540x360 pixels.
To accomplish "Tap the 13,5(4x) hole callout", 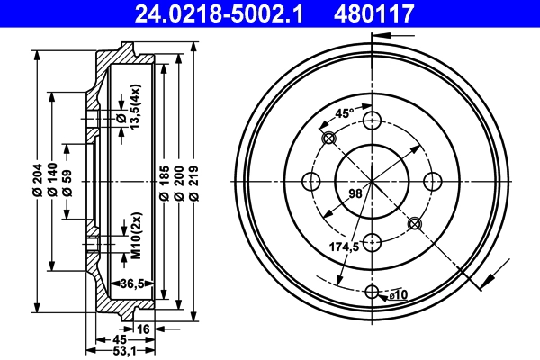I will coord(135,108).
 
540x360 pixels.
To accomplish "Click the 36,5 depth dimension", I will coord(133,283).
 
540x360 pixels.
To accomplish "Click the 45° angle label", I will coord(343,114).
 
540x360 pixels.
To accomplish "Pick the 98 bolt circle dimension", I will coord(355,192).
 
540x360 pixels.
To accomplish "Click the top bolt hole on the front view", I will coord(372,121).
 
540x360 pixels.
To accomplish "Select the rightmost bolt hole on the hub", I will coord(431,181).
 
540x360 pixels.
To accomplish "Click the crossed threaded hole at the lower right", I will coord(414,223).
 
